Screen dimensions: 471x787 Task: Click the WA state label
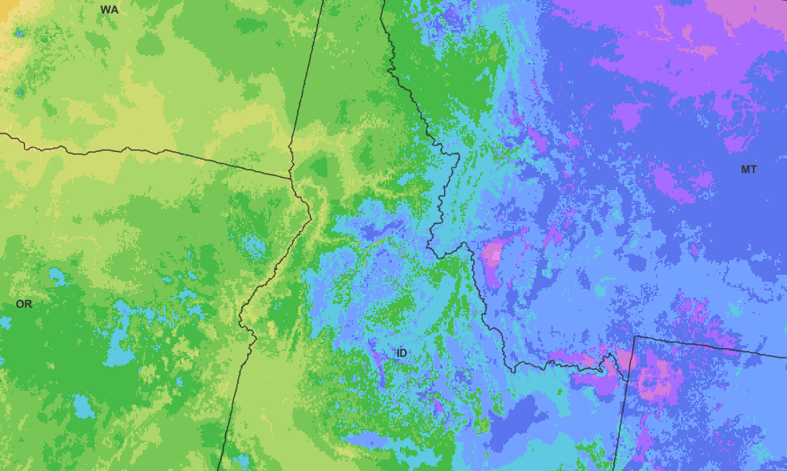[109, 10]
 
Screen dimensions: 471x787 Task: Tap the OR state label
[24, 304]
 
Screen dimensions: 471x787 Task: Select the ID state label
[401, 353]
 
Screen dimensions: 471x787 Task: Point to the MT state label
[748, 170]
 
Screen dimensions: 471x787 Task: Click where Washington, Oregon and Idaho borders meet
[291, 178]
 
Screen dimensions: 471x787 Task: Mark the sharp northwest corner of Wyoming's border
[634, 336]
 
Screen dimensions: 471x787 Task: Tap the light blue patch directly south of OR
[84, 406]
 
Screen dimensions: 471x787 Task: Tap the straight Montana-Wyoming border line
[713, 347]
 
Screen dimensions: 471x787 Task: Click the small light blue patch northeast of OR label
[57, 277]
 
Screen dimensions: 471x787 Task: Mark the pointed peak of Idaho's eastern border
[464, 243]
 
